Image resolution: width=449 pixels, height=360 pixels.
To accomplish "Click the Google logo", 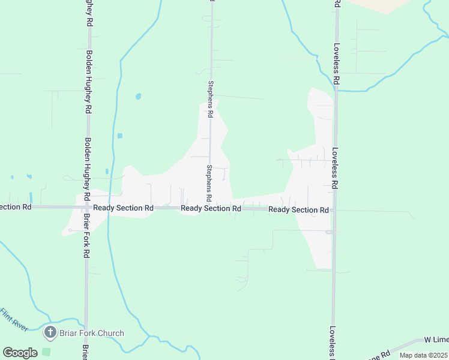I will (x=20, y=353).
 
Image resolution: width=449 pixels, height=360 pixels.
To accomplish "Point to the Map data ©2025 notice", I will (x=423, y=355).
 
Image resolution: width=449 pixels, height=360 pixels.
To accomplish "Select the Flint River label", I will (x=14, y=319).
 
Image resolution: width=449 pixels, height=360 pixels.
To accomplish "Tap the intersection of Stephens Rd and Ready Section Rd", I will (x=211, y=208).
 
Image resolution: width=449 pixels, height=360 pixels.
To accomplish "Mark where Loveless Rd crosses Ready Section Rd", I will (x=334, y=211).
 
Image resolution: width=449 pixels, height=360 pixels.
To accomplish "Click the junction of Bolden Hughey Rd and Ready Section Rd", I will (x=88, y=207).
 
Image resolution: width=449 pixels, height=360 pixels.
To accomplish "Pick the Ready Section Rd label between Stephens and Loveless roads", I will (x=298, y=210).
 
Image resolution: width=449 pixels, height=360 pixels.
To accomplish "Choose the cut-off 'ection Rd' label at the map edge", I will (x=16, y=206).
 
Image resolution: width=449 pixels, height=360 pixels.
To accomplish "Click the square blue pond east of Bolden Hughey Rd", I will (x=120, y=136).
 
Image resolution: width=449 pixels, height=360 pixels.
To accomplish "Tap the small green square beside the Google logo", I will (x=46, y=352).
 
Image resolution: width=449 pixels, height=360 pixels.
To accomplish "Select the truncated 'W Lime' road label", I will (x=436, y=340).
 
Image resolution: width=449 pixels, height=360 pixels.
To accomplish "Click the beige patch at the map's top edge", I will (x=378, y=5).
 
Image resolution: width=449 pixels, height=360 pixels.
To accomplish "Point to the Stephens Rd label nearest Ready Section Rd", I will (x=209, y=183).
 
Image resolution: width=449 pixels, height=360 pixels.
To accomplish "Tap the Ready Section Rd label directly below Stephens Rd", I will (x=211, y=208).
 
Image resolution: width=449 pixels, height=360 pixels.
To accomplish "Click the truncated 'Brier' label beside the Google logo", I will (x=85, y=353).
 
